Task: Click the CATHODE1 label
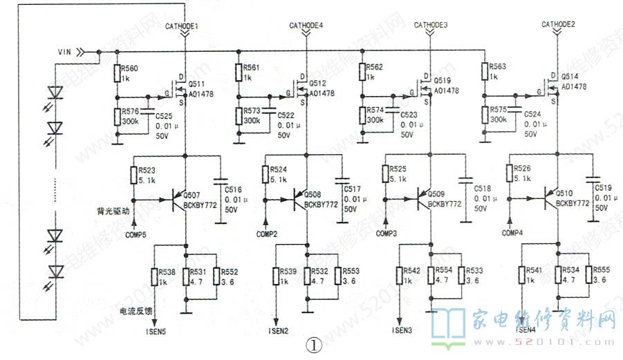[182, 26]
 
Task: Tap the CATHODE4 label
[306, 26]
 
